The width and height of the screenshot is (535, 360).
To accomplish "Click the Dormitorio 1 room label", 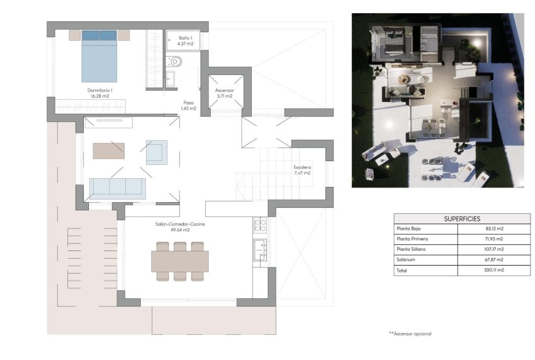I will tap(99, 93).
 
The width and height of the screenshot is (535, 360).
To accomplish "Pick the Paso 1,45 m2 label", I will tap(188, 105).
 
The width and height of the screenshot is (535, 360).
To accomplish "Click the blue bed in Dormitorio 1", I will tap(99, 57).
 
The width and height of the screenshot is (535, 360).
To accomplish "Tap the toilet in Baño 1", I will tap(174, 62).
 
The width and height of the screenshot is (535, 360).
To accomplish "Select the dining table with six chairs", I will tap(180, 261).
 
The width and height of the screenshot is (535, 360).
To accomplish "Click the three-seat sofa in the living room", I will tap(118, 187).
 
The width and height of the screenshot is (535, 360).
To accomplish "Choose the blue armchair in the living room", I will tap(157, 152).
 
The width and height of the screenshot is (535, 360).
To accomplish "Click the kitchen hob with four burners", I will tap(260, 225).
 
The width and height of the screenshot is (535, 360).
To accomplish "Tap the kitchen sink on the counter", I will tap(260, 250).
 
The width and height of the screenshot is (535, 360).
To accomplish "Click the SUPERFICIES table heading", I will tap(462, 218).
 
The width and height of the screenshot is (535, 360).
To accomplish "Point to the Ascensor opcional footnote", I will tap(410, 334).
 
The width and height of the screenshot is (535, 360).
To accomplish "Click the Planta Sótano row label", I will tap(411, 250).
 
